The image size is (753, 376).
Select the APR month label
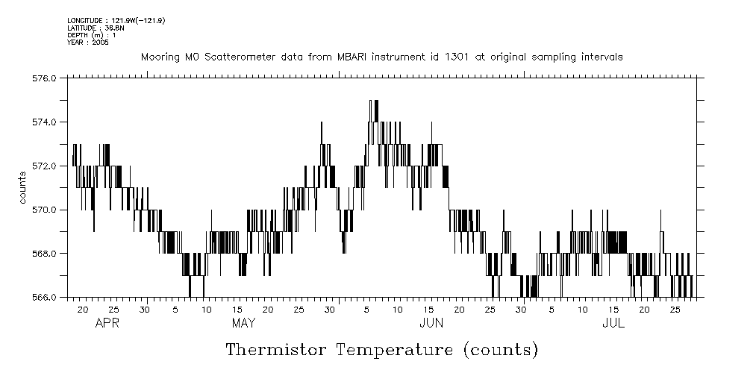[x=107, y=324]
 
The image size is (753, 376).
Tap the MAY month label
[x=244, y=324]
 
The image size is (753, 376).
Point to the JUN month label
[x=431, y=324]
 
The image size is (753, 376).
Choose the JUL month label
[x=613, y=324]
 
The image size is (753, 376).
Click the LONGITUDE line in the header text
[x=116, y=20]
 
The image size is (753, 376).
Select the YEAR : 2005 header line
[x=88, y=42]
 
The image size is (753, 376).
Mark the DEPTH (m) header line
[x=91, y=34]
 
